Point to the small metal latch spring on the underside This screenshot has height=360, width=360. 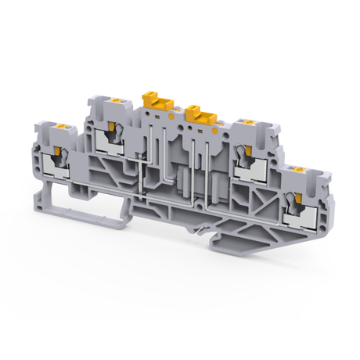click(205, 229)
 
